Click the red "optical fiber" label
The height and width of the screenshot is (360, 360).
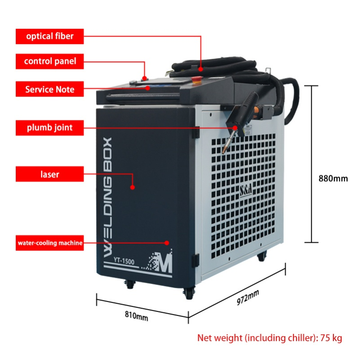coord(49,36)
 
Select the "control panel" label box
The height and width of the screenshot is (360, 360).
coord(49,61)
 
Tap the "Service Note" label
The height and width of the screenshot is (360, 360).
coord(49,89)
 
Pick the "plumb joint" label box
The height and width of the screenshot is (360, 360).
coord(49,128)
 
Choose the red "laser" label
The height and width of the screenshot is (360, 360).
coord(49,174)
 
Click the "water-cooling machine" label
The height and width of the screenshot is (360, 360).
coord(49,243)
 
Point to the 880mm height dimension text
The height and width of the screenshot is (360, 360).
coord(333,178)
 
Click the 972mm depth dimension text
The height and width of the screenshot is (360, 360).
coord(248,298)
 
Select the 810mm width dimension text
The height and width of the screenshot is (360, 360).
coord(136,316)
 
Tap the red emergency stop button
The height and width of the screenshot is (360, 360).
coord(197,79)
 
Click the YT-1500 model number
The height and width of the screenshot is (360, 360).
coord(124,261)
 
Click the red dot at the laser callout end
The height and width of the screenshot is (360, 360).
coord(132,187)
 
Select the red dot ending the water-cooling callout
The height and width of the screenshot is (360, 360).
coord(167,243)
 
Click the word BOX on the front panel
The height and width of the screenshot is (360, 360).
coord(107,155)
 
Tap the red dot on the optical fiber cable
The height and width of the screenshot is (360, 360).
coord(200,69)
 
